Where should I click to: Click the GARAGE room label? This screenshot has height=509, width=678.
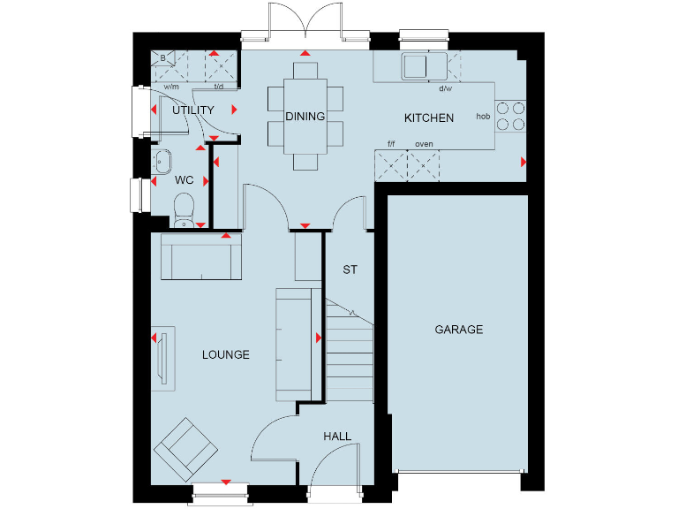(458, 330)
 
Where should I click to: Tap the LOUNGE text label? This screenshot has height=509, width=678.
(225, 354)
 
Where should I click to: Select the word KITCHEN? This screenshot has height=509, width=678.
(429, 118)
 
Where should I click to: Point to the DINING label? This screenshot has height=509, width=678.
(305, 116)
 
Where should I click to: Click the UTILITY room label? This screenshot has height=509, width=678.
(193, 110)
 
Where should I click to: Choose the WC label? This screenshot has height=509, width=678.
(184, 180)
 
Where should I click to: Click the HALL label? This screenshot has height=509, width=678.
(337, 437)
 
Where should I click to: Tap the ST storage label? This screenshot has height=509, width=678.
(350, 270)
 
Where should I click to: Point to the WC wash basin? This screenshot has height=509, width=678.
(162, 162)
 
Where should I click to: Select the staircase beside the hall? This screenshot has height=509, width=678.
(350, 349)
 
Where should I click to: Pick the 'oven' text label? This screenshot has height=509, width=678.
(424, 144)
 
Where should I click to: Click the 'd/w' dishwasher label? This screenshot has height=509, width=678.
(445, 88)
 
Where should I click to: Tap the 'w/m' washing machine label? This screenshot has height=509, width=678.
(171, 87)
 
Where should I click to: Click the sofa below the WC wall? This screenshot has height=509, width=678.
(200, 260)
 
